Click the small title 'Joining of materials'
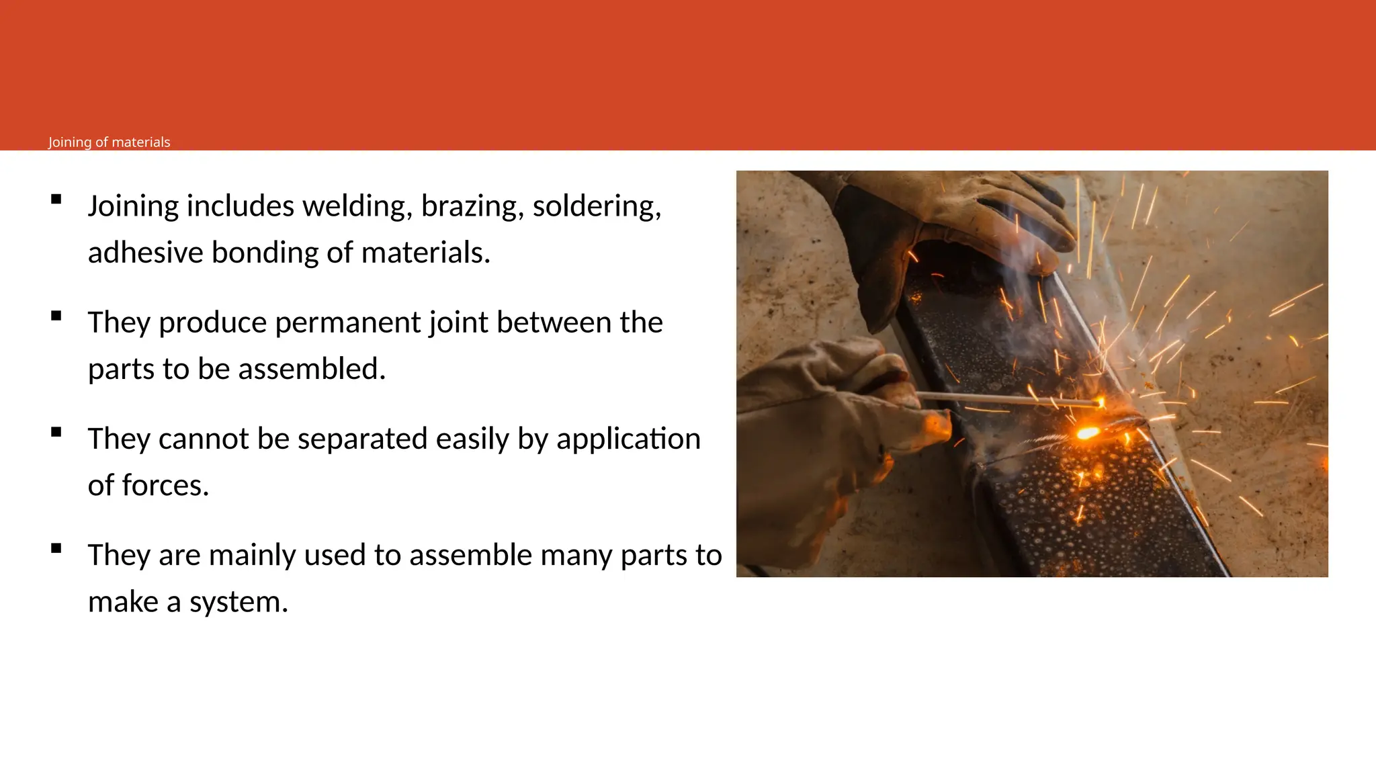tap(109, 142)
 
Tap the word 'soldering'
tap(597, 206)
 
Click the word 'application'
tap(628, 439)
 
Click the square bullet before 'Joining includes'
tap(56, 199)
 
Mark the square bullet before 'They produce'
tap(56, 316)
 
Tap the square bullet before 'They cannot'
tap(56, 432)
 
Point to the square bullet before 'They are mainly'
tap(56, 548)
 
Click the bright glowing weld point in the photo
tap(1087, 433)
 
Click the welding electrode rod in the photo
tap(1008, 399)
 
